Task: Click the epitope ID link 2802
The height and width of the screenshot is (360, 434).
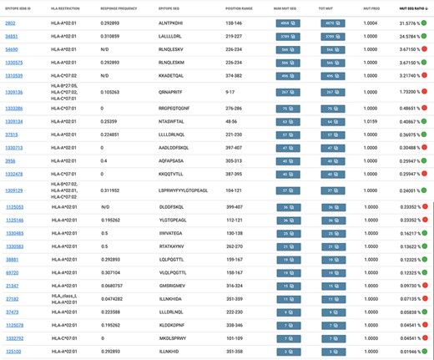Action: pyautogui.click(x=10, y=23)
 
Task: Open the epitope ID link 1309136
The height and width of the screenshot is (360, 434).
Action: pyautogui.click(x=14, y=92)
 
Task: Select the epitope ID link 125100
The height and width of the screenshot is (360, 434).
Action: pyautogui.click(x=13, y=351)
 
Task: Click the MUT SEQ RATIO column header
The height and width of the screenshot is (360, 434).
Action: pyautogui.click(x=402, y=7)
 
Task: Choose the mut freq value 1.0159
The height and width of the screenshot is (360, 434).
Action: pyautogui.click(x=369, y=121)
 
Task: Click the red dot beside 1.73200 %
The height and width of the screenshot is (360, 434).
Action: pyautogui.click(x=426, y=92)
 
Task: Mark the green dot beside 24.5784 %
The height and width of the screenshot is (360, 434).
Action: pyautogui.click(x=426, y=37)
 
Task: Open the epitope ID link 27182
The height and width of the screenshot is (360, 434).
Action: pyautogui.click(x=12, y=298)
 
